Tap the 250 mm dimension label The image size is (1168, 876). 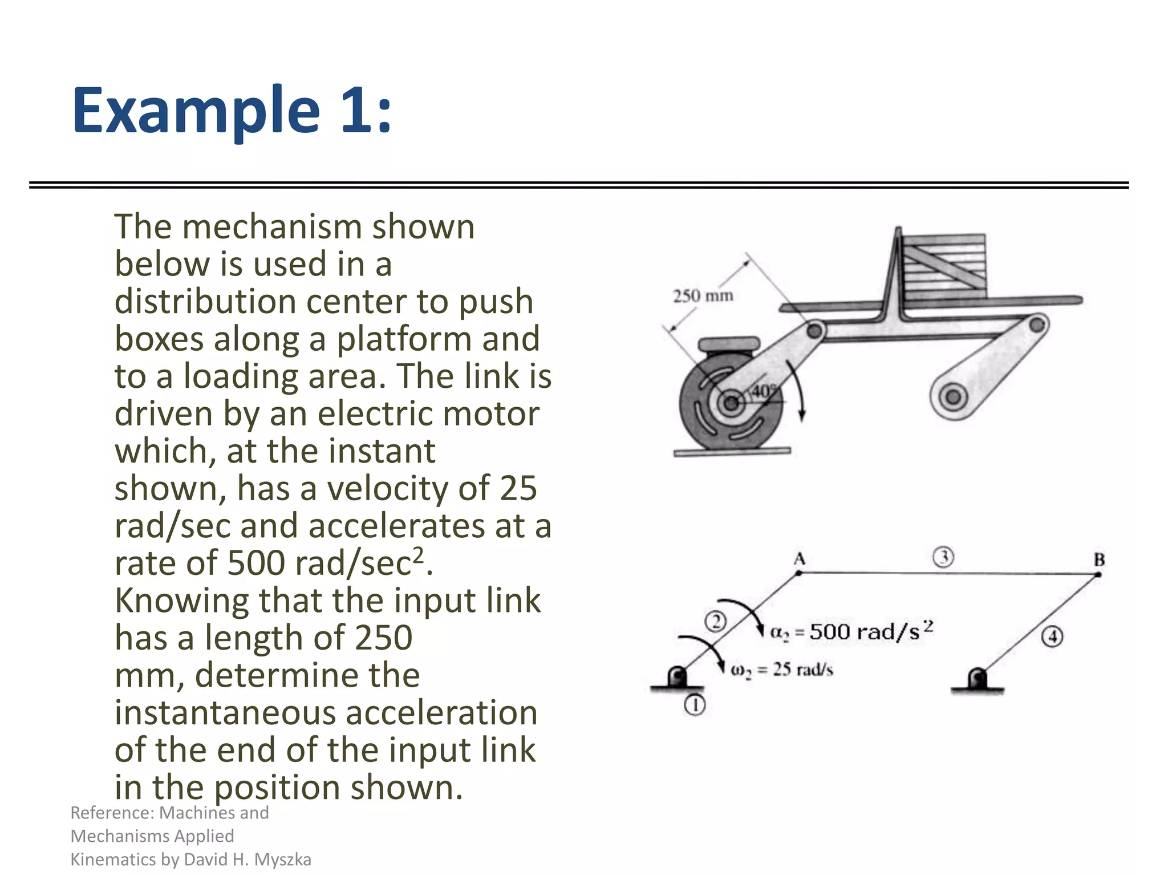tap(703, 296)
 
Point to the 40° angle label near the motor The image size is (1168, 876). tap(764, 391)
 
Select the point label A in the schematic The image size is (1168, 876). tap(800, 558)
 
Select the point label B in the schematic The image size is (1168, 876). tap(1099, 559)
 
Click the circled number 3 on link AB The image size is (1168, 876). tap(943, 557)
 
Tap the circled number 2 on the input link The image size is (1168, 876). tap(715, 621)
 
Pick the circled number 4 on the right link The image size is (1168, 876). tap(1052, 636)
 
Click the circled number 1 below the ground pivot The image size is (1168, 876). tap(695, 705)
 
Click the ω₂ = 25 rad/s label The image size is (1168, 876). tap(782, 670)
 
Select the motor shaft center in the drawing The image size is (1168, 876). tap(731, 404)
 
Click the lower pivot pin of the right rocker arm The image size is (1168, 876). tap(952, 396)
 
